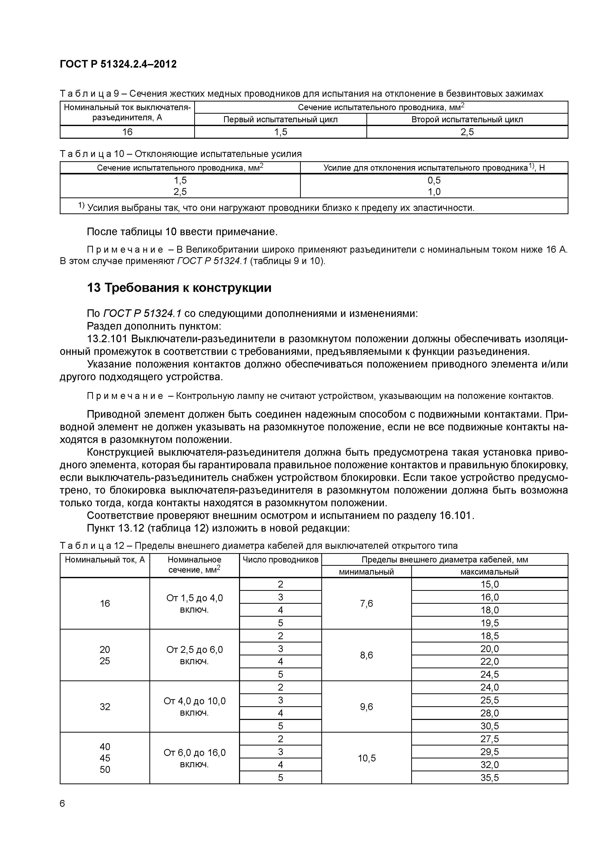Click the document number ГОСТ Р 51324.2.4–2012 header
118,64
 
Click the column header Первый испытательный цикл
280,120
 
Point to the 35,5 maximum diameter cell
489,777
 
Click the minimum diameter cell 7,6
366,604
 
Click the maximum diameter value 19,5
489,623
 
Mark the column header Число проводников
280,560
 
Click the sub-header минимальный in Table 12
366,572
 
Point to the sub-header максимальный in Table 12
489,572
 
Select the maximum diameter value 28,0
489,713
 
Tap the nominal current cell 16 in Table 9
127,132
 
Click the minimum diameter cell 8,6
366,655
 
